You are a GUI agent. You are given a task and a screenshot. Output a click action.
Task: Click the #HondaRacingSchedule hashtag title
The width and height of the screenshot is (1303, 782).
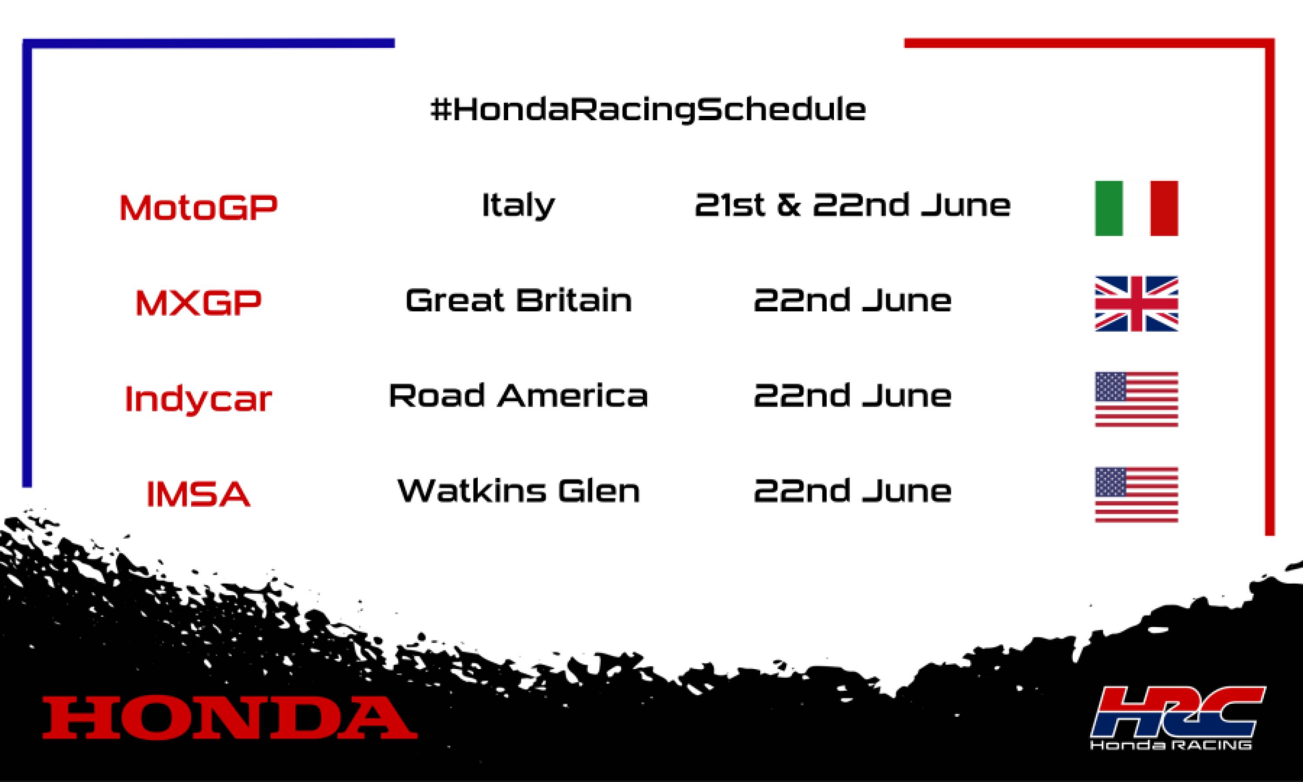coord(648,109)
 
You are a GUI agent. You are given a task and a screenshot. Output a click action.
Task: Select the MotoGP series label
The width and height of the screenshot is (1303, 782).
coord(198,207)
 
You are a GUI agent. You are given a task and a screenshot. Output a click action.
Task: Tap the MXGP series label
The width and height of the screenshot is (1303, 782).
coord(198,302)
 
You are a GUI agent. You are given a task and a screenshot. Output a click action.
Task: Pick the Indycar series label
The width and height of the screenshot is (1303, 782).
coord(198,398)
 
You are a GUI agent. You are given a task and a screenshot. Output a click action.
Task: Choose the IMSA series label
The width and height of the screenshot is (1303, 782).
coord(198,494)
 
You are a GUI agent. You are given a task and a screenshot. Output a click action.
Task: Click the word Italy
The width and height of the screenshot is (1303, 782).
coord(518,205)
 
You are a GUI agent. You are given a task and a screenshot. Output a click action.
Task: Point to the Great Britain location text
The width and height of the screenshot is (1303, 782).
coord(518,300)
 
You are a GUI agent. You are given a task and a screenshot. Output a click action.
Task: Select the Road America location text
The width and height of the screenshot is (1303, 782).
coord(518,396)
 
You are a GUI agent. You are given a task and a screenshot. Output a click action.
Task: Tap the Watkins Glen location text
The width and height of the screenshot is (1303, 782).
coord(518,491)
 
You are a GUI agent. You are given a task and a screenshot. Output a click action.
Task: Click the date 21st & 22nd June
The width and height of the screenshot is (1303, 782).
coord(852,205)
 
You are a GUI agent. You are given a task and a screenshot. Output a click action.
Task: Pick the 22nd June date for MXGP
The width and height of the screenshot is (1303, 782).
coord(852,300)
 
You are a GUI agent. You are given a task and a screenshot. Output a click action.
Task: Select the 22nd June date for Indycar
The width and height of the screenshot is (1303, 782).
coord(852,396)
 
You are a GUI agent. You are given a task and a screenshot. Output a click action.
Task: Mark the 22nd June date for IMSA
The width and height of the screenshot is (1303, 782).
coord(852,491)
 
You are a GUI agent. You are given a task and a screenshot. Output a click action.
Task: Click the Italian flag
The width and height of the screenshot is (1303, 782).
coord(1136,208)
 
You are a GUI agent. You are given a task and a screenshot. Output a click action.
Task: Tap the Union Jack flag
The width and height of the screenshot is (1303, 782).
coord(1136,304)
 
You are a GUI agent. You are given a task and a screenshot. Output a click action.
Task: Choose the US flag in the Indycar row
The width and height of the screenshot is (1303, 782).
coord(1136,399)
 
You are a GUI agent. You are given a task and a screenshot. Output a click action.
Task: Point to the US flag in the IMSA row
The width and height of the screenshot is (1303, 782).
coord(1136,494)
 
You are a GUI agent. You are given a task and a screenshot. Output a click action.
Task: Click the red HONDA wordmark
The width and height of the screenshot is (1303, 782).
coord(230,717)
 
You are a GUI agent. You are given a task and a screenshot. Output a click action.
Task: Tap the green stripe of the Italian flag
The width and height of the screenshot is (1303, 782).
coord(1109,208)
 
